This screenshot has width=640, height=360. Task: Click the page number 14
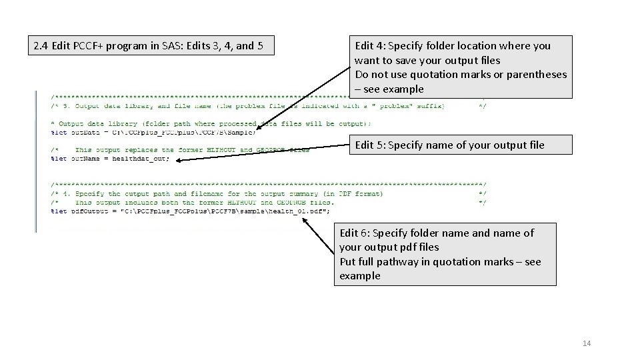click(587, 343)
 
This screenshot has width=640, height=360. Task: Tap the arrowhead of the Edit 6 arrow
click(303, 219)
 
